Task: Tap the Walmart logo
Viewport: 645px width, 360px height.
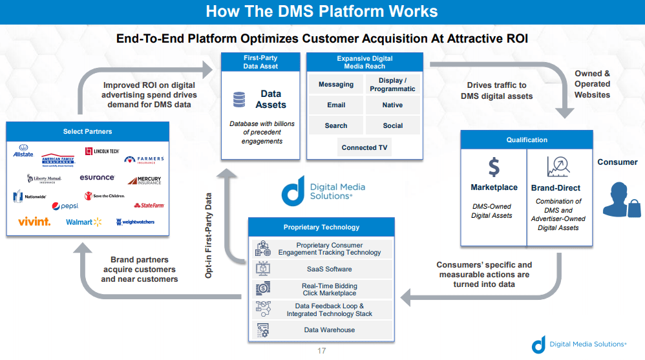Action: (x=83, y=222)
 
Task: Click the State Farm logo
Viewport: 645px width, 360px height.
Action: (x=149, y=206)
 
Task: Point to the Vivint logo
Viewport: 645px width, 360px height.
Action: (x=34, y=222)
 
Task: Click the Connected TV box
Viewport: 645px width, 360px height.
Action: (x=364, y=147)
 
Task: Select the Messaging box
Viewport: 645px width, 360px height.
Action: (x=335, y=84)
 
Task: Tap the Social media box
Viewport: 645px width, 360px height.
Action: (x=392, y=125)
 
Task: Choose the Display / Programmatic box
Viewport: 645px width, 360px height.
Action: (x=392, y=85)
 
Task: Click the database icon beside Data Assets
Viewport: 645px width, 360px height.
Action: (x=239, y=100)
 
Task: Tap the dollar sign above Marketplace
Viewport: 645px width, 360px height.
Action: (x=494, y=167)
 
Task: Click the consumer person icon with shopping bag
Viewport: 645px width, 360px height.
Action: (x=620, y=198)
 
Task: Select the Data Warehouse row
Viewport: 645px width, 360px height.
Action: (x=321, y=330)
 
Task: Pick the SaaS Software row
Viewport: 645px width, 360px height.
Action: (x=321, y=269)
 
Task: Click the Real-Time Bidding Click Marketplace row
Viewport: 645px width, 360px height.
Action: (x=321, y=290)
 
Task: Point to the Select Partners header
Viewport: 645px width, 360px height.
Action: (x=87, y=131)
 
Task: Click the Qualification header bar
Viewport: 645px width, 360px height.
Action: (x=526, y=140)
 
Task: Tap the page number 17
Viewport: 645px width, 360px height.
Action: (x=322, y=352)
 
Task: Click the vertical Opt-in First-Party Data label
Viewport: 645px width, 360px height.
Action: (x=209, y=236)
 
